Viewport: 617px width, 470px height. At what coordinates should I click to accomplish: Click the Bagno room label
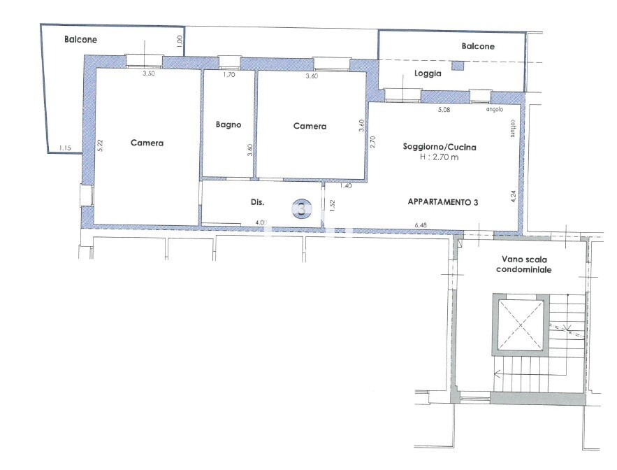coord(228,125)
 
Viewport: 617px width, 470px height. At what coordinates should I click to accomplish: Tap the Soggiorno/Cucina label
coord(439,147)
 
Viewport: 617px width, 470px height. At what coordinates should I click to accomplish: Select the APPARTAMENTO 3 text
coord(443,202)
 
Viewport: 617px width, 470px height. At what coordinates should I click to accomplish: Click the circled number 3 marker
coord(301,208)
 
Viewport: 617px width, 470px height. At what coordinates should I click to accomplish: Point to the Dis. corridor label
coord(257,202)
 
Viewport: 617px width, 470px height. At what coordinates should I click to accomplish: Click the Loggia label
coord(428,73)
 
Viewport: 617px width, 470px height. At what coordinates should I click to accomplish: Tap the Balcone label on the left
coord(80,39)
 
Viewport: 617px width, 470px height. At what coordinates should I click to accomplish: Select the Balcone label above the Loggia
coord(478,46)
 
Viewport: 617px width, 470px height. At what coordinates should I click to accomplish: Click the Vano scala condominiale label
coord(524,264)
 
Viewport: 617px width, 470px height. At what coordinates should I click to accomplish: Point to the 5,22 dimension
coord(100,145)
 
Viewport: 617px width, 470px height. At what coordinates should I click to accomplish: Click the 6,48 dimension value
coord(421,225)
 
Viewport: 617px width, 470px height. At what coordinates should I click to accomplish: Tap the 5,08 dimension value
coord(444,110)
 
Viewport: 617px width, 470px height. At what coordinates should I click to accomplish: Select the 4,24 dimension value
coord(513,197)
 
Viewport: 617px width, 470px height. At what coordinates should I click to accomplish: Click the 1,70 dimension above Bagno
coord(229,74)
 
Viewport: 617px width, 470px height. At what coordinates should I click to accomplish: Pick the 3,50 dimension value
coord(148,73)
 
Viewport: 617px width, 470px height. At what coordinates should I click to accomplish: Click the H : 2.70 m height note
coord(439,157)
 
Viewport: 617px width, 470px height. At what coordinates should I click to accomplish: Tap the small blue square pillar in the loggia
coord(457,66)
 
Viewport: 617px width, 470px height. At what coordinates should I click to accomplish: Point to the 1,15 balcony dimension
coord(65,148)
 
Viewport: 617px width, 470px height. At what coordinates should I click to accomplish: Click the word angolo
coord(495,110)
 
